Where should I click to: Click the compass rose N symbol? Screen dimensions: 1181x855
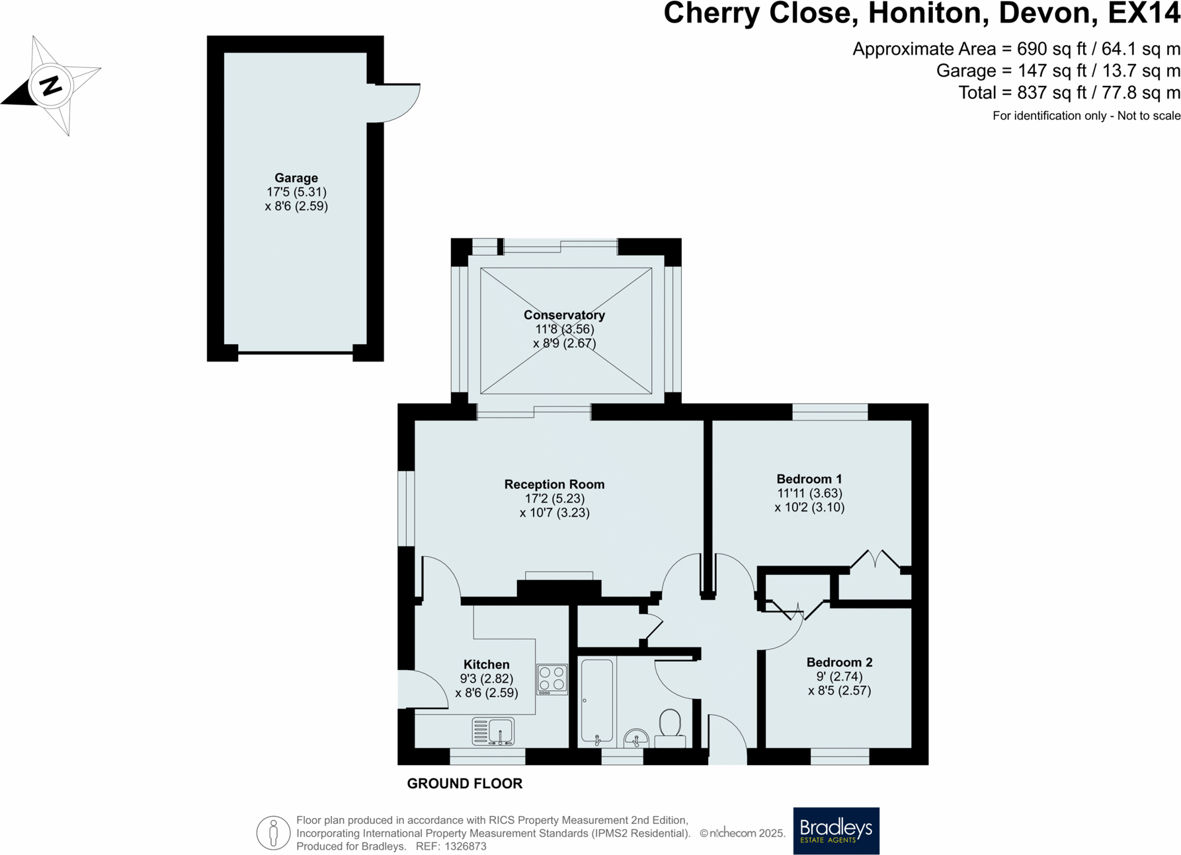(x=51, y=86)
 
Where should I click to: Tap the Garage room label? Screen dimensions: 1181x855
(x=296, y=178)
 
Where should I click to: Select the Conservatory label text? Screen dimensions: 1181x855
(x=564, y=315)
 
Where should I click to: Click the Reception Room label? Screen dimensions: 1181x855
(x=554, y=484)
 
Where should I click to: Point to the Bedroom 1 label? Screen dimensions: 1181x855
(x=809, y=479)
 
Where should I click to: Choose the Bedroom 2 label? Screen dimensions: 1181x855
(x=839, y=662)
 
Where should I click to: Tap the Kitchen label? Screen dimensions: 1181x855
(x=486, y=665)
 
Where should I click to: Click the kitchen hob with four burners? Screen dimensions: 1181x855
(x=552, y=679)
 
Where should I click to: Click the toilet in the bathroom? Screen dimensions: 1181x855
(x=670, y=728)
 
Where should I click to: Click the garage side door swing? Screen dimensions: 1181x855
(x=394, y=103)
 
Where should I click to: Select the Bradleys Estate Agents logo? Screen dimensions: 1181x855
(x=836, y=831)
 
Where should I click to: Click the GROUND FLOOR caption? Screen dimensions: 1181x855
(x=465, y=784)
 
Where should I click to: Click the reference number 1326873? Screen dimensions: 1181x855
(x=466, y=846)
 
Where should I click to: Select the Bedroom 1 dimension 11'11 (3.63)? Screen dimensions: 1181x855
(x=809, y=494)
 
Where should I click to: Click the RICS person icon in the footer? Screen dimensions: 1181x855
(x=274, y=833)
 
